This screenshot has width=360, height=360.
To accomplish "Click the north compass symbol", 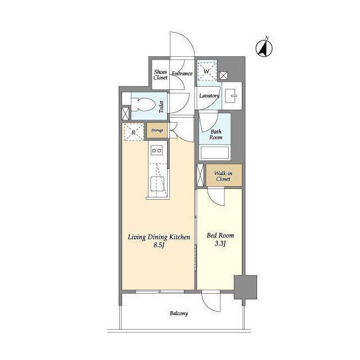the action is (264, 48).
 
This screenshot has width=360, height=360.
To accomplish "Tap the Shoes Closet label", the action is (160, 75).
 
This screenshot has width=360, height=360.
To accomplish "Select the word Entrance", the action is (182, 74).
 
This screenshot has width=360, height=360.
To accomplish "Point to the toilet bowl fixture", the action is (142, 105).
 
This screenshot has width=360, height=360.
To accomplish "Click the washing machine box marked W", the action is (207, 71).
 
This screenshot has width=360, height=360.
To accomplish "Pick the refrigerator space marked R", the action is (134, 132).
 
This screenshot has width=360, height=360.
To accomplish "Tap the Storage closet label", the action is (157, 130).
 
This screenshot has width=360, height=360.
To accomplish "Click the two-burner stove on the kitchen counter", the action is (156, 150).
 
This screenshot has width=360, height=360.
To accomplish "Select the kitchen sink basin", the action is (157, 183).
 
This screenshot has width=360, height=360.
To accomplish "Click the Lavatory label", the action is (209, 96).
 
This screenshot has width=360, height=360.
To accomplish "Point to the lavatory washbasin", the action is (231, 96).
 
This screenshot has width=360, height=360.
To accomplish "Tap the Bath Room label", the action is (216, 134).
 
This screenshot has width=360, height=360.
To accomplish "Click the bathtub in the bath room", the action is (215, 152).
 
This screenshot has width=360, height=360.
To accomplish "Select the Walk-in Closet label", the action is (223, 176).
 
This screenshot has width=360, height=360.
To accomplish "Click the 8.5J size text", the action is (159, 245).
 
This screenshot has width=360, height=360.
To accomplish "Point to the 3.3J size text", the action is (220, 244).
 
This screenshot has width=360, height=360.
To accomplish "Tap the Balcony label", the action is (179, 313).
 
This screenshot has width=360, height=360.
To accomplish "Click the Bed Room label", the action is (220, 236).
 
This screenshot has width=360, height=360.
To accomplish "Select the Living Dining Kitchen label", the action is (159, 237).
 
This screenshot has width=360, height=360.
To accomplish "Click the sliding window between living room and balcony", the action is (160, 291).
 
